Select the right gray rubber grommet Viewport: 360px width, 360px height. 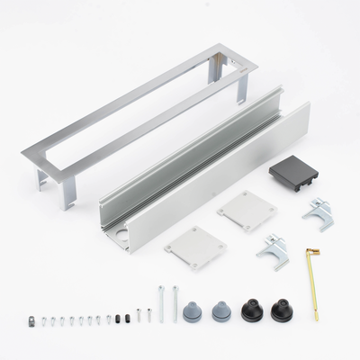[220, 311]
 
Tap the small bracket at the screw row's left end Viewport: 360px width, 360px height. [31, 319]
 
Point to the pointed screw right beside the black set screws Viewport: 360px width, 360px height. [138, 316]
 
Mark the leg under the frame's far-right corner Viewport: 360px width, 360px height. [244, 87]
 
